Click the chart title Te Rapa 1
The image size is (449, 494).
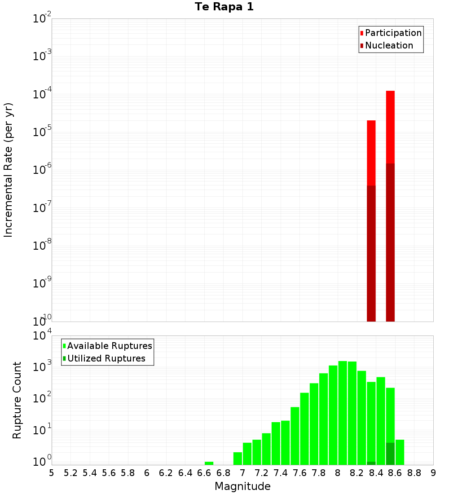224,7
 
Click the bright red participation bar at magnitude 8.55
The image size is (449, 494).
390,126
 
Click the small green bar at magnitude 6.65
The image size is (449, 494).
209,463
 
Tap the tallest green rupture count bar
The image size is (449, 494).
343,413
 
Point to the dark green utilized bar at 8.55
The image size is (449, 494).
390,454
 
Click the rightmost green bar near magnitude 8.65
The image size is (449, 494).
400,452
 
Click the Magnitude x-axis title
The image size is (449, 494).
242,486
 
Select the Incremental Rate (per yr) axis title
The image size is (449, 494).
9,170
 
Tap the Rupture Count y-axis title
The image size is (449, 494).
17,400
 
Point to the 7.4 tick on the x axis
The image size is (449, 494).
281,473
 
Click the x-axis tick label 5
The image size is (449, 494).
52,473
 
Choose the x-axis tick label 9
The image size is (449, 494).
433,473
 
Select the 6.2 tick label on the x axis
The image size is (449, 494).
166,473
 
